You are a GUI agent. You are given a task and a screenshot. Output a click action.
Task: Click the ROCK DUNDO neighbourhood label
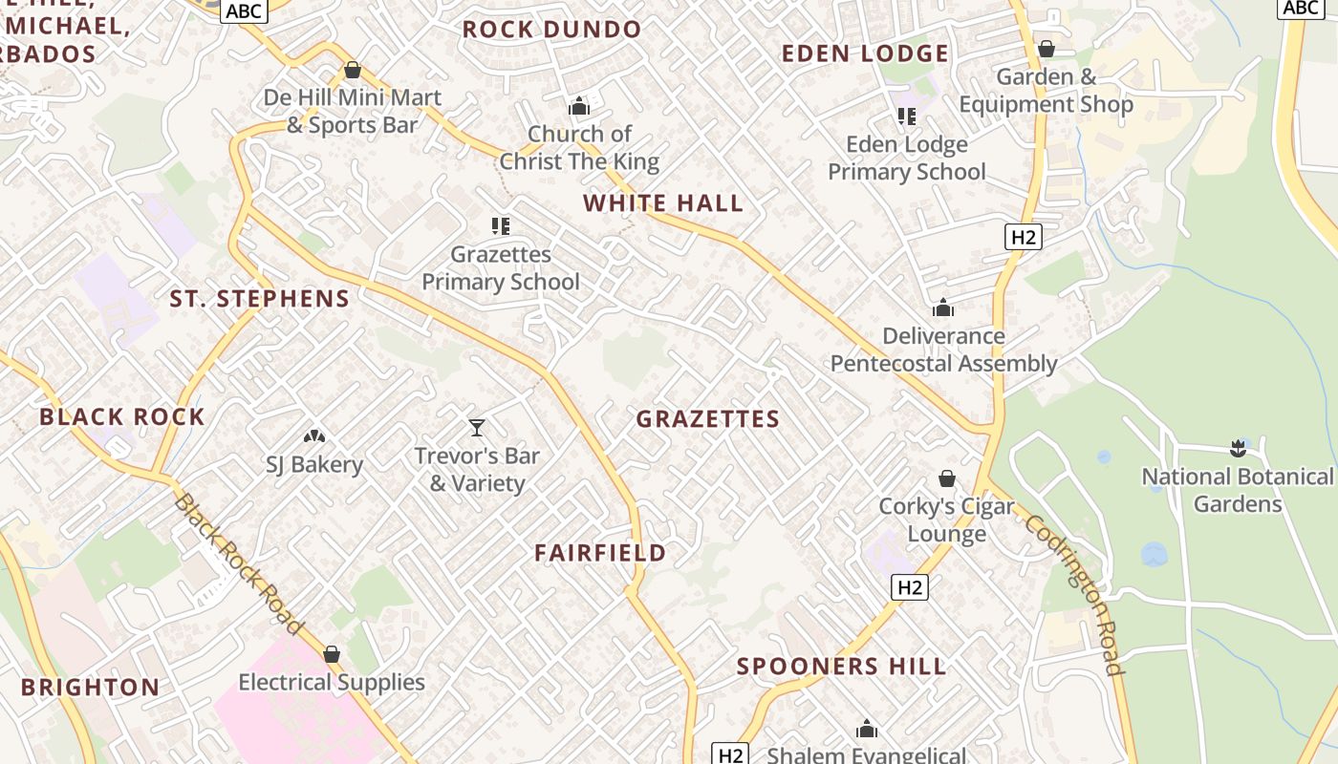551,30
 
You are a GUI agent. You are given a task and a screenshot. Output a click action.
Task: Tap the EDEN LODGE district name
865,53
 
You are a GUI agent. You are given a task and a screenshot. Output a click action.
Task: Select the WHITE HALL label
663,203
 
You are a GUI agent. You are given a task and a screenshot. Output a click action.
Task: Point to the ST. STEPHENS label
260,299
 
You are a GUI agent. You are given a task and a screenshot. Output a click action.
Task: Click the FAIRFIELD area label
600,553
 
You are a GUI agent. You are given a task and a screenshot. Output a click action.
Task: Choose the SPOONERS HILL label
841,667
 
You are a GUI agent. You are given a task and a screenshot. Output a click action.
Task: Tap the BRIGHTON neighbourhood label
91,688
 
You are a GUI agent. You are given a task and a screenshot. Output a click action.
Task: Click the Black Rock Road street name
239,564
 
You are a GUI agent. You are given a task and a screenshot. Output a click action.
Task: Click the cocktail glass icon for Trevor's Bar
477,427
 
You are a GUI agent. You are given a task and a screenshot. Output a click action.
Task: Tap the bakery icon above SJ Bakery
314,436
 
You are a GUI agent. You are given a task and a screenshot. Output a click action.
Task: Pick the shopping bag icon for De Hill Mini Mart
352,70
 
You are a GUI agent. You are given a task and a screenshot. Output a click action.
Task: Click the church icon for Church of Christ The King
579,105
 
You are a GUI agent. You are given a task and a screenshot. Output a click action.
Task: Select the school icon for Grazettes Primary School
501,226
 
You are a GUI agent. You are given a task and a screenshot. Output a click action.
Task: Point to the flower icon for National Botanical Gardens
1238,448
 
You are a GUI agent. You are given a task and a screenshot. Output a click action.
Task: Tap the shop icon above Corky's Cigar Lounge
947,478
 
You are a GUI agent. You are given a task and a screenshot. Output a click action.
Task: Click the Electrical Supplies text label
332,682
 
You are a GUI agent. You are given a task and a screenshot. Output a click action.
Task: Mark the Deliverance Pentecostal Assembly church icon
943,308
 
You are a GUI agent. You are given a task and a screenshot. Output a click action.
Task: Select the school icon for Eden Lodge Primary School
906,117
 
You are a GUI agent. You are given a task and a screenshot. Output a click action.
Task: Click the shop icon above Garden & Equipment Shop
1047,49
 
